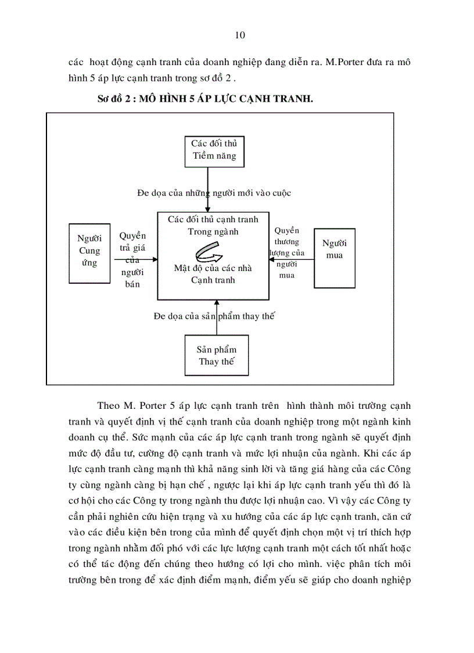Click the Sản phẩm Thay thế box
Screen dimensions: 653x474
click(216, 355)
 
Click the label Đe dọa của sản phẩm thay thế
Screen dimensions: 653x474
click(214, 316)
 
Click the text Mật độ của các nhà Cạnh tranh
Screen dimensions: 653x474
click(213, 274)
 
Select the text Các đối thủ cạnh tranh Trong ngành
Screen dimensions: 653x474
click(213, 226)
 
